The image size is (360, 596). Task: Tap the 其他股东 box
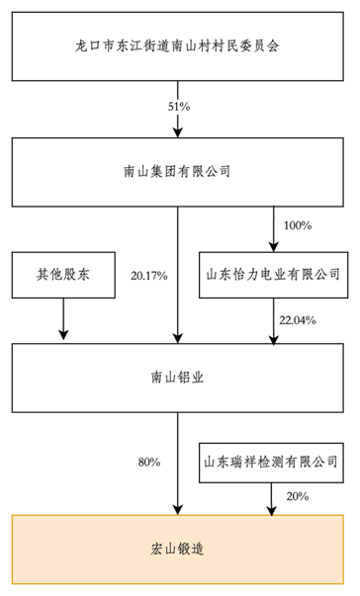pyautogui.click(x=62, y=275)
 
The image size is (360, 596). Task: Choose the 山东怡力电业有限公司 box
pyautogui.click(x=271, y=275)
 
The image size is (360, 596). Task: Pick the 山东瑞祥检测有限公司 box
pyautogui.click(x=271, y=462)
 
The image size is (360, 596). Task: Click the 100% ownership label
pyautogui.click(x=297, y=225)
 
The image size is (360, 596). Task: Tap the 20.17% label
pyautogui.click(x=148, y=276)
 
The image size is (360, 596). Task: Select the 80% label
pyautogui.click(x=149, y=462)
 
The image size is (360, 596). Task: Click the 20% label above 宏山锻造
pyautogui.click(x=297, y=496)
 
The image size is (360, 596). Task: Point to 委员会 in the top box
pyautogui.click(x=261, y=46)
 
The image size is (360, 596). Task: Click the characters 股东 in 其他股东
pyautogui.click(x=76, y=275)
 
